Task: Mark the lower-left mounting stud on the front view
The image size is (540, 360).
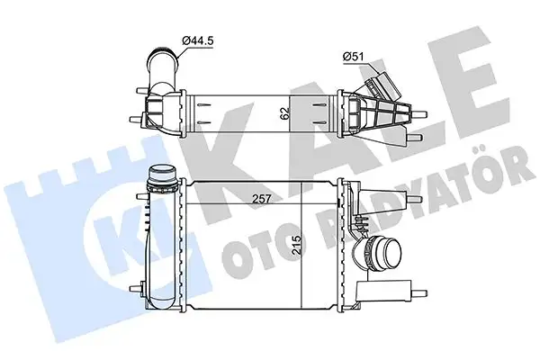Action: click(x=138, y=288)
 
